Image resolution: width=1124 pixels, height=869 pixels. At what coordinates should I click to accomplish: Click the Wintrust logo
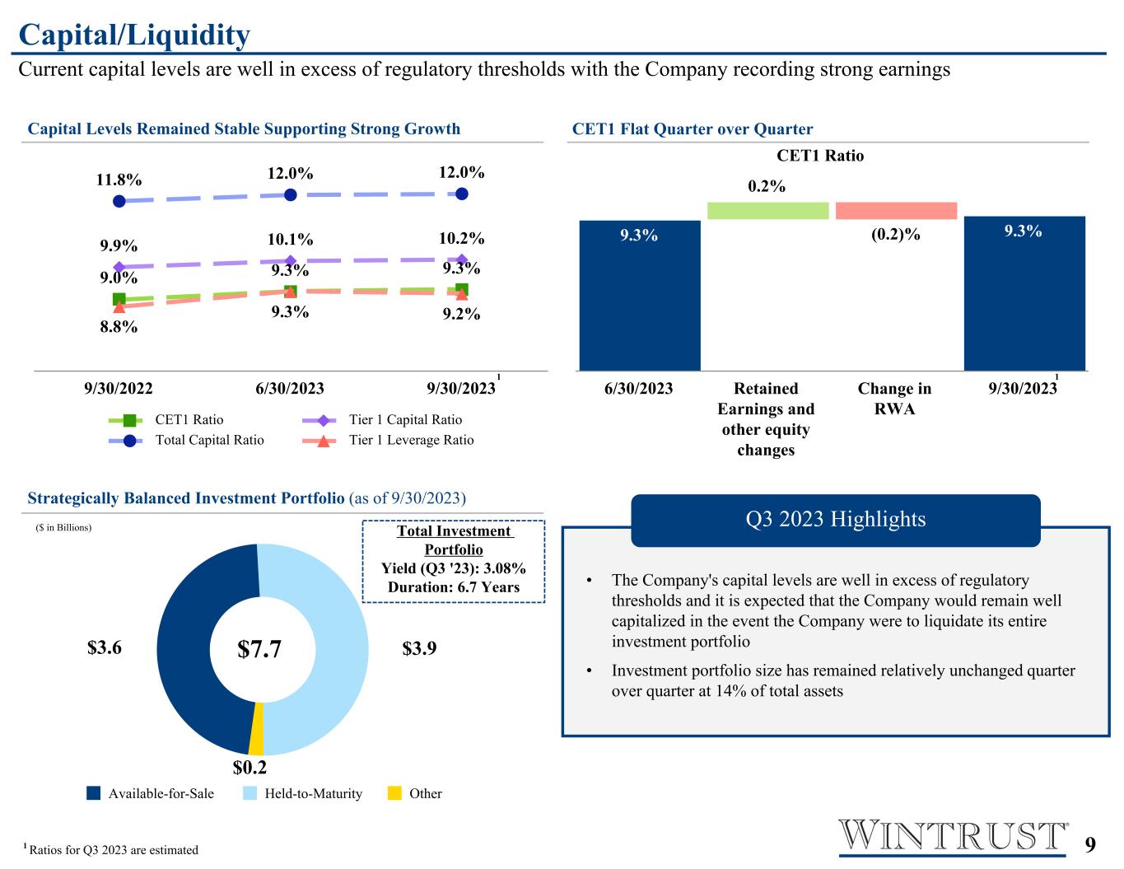tap(954, 835)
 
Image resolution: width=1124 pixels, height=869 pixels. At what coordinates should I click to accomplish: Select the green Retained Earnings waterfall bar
tap(767, 211)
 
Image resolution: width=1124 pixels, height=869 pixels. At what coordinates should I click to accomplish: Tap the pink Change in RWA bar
tap(896, 211)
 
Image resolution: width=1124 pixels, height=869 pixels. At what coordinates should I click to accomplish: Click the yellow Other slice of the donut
tap(257, 728)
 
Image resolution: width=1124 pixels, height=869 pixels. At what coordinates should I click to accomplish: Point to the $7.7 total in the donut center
tap(259, 648)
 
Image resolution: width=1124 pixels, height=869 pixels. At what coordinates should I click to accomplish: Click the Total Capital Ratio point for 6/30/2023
tap(291, 195)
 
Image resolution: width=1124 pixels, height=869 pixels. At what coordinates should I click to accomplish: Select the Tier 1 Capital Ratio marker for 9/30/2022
tap(119, 267)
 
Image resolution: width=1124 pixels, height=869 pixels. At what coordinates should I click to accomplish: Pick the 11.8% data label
tap(119, 180)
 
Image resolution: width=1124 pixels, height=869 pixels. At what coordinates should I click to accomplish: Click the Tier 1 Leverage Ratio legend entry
tap(388, 440)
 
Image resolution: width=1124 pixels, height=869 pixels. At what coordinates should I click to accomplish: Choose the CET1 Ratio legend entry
tap(166, 420)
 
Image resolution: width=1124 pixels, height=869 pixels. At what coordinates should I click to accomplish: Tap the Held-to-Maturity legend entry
tap(302, 793)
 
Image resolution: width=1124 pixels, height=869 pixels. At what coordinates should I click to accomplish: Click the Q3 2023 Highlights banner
tap(835, 520)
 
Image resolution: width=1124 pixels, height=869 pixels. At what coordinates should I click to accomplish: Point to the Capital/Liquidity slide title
tap(134, 35)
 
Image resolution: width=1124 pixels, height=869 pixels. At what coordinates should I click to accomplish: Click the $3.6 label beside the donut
tap(105, 647)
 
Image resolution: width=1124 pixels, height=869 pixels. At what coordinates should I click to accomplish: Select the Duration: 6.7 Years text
tap(454, 587)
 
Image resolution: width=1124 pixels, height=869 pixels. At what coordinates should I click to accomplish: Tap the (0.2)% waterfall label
tap(896, 234)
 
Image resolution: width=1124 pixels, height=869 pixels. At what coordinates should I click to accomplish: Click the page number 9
tap(1090, 844)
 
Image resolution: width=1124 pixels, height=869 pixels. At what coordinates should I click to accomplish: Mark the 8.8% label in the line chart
tap(119, 327)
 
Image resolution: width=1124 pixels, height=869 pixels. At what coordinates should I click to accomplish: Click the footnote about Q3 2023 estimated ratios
tap(110, 850)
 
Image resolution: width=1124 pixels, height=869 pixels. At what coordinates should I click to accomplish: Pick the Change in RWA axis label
tap(895, 399)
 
